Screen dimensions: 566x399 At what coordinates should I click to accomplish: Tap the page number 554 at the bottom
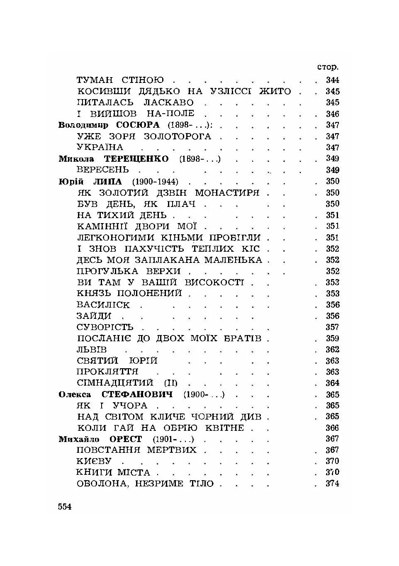(65, 506)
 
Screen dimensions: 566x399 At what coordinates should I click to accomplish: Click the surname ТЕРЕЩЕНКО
(136, 159)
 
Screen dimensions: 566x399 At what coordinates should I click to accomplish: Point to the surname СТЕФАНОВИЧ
(137, 394)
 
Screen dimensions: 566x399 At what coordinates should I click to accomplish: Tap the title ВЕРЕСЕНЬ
(103, 170)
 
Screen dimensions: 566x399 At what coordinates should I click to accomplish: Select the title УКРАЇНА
(100, 148)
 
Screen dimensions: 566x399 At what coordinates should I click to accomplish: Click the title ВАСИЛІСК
(103, 305)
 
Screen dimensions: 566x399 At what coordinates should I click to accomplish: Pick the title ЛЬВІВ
(92, 350)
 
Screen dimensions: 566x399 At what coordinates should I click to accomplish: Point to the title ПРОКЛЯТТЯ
(107, 372)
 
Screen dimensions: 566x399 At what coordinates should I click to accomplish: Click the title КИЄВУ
(94, 461)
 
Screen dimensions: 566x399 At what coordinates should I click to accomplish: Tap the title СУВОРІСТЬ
(105, 327)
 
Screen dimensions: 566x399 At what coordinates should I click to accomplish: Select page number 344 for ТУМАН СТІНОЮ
(332, 80)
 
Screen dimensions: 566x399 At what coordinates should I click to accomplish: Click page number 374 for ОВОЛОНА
(332, 483)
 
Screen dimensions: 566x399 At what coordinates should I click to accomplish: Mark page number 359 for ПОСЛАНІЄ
(332, 338)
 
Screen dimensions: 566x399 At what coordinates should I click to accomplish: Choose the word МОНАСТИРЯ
(227, 193)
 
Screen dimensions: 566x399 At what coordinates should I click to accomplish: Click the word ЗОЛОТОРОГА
(177, 136)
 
